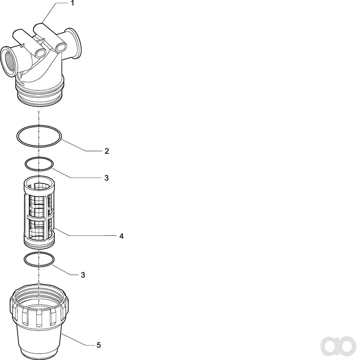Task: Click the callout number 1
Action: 73,3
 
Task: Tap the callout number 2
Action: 107,151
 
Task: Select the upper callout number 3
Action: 107,178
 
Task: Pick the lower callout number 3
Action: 83,275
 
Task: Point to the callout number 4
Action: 121,236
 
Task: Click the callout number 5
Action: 99,345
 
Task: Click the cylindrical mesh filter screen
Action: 39,212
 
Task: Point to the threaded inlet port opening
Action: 9,62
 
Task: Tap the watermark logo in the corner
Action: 338,346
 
